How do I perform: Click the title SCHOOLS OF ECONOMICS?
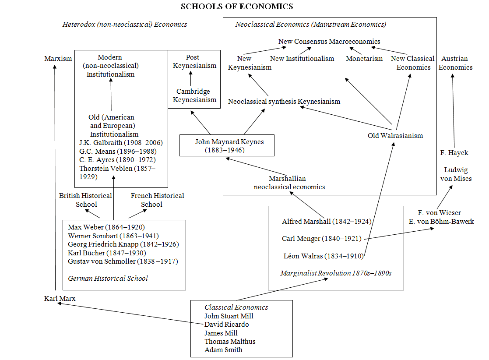tap(237, 6)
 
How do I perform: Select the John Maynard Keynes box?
tap(227, 145)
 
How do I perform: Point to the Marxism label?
tap(58, 59)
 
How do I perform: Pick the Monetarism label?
tap(364, 59)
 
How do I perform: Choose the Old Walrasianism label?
tap(395, 135)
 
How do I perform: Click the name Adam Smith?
tap(223, 349)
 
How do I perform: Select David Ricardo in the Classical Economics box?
tap(226, 325)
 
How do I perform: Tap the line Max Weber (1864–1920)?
tap(106, 227)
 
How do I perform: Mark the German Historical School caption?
tap(108, 278)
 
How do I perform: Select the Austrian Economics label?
tap(455, 63)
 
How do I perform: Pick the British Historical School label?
tap(86, 200)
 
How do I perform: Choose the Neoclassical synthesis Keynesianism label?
tap(284, 102)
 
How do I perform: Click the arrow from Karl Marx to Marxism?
tap(55, 175)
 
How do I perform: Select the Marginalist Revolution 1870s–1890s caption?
tap(336, 273)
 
